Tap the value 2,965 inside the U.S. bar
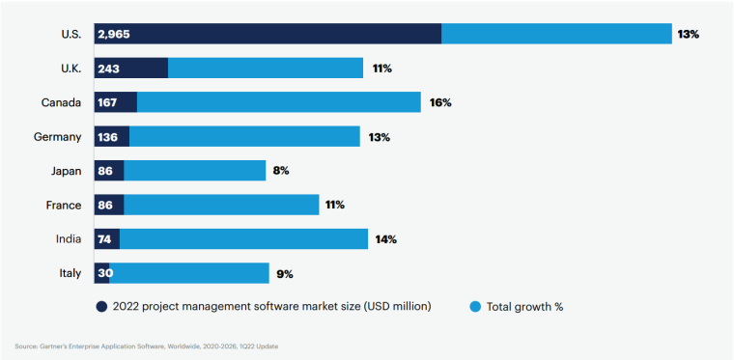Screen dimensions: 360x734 coord(113,35)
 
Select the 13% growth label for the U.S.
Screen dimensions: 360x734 coord(688,35)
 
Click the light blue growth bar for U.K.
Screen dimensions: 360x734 coord(266,69)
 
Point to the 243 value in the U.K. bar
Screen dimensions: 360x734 coord(108,69)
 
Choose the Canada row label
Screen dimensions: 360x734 coord(61,102)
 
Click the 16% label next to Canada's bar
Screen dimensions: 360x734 coord(440,102)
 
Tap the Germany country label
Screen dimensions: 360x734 coord(57,137)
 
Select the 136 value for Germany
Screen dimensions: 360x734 coord(107,137)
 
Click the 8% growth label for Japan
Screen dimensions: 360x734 coord(281,171)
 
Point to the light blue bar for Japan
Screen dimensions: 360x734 coord(194,171)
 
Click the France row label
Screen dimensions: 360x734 coord(64,205)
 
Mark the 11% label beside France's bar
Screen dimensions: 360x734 coord(334,205)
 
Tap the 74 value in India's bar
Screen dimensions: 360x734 coord(104,239)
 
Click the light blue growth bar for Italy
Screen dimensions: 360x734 coord(189,273)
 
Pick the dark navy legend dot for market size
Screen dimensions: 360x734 coord(100,307)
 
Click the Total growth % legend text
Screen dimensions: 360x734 coord(524,307)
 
